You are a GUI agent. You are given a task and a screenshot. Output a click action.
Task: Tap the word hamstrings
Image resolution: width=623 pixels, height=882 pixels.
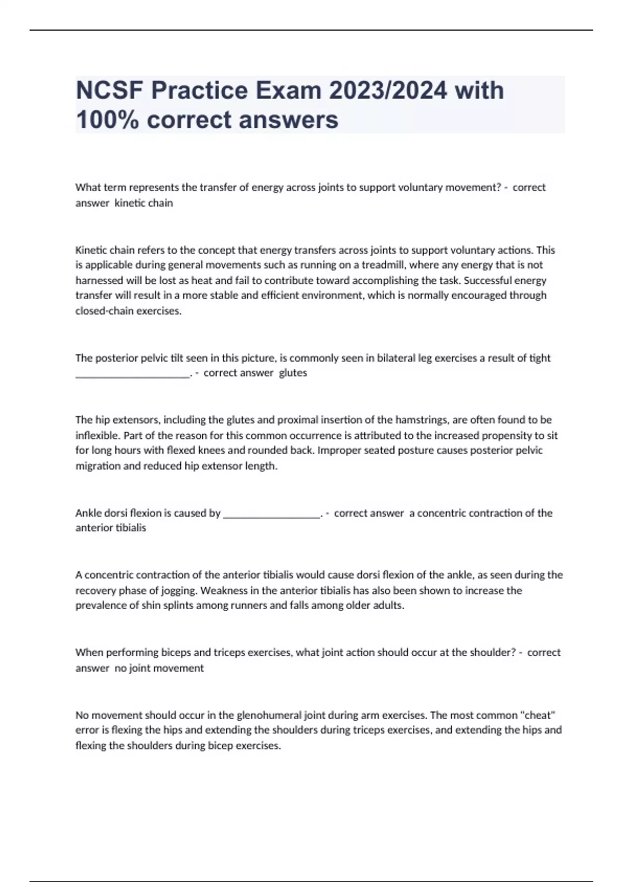click(419, 420)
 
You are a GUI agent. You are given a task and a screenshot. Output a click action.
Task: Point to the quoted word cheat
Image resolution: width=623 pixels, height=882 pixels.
click(537, 715)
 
